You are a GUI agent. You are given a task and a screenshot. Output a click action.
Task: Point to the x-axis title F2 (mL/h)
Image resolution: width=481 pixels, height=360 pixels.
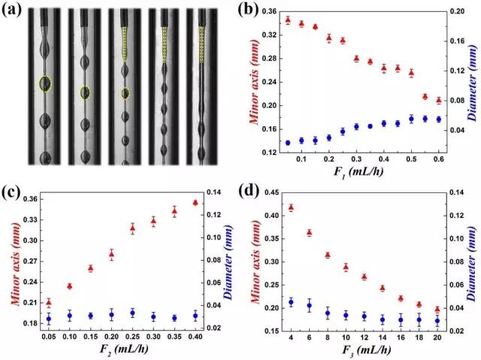[x=121, y=350]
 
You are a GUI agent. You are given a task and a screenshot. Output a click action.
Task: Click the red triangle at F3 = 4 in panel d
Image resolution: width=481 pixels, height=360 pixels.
[x=291, y=207]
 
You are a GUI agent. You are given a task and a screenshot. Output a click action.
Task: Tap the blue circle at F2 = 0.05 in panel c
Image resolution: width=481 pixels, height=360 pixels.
[x=49, y=319]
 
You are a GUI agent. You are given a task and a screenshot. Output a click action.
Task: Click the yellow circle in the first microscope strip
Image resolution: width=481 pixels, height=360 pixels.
[x=46, y=83]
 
